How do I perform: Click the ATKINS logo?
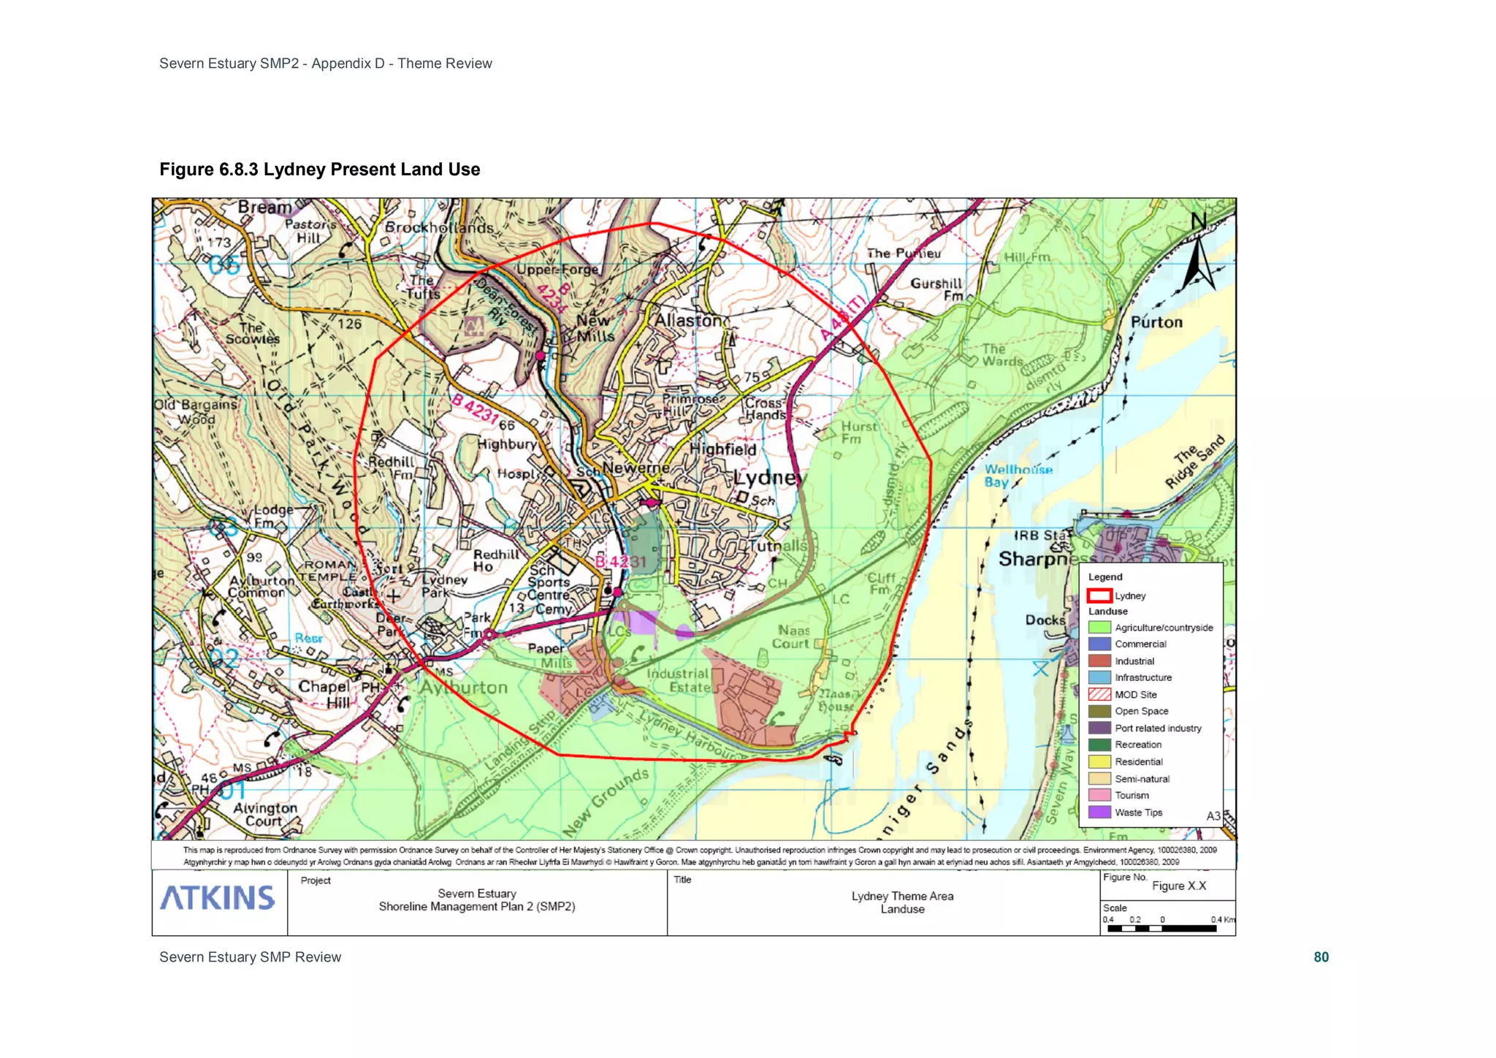coord(218,898)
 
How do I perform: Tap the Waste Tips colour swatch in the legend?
coord(1099,812)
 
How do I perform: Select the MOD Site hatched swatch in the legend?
coord(1099,695)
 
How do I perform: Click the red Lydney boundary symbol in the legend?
coord(1099,595)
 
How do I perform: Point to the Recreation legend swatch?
coord(1099,745)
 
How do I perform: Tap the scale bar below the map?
coord(1161,929)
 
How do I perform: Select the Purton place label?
coord(1156,322)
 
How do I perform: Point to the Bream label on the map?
coord(264,208)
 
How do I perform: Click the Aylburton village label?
coord(463,688)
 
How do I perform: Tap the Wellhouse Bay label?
coord(1018,476)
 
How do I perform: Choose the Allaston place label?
coord(688,321)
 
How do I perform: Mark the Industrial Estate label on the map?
coord(679,680)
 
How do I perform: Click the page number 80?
coord(1321,957)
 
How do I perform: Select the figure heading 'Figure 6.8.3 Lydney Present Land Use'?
coord(320,170)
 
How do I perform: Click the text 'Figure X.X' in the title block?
coord(1179,886)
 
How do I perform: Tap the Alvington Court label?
coord(264,815)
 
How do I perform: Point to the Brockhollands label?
coord(439,228)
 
